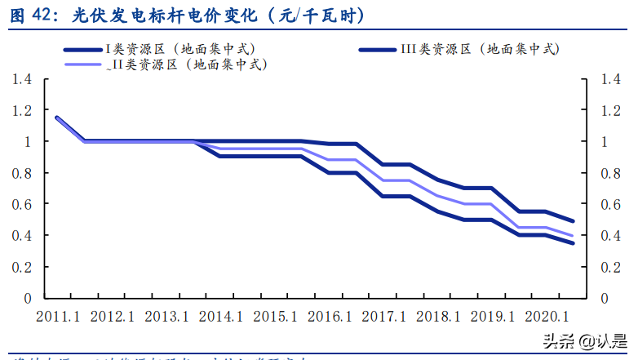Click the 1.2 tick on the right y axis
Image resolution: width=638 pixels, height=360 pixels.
pyautogui.click(x=609, y=110)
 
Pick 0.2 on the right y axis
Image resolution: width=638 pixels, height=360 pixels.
pyautogui.click(x=609, y=267)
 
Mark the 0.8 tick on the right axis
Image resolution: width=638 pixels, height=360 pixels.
pyautogui.click(x=609, y=173)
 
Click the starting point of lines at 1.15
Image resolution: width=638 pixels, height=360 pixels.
pyautogui.click(x=56, y=118)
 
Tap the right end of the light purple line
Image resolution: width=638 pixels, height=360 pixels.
pyautogui.click(x=573, y=236)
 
